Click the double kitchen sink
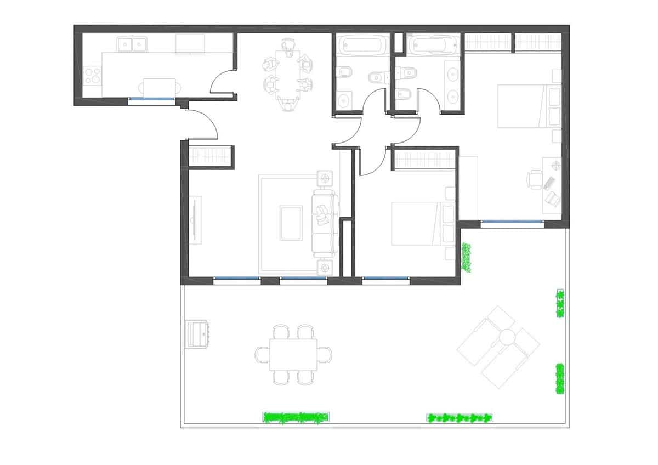[132, 43]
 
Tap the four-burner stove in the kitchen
[94, 75]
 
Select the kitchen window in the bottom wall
[151, 99]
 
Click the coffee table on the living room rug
[291, 223]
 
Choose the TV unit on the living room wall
[195, 220]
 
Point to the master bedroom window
[512, 222]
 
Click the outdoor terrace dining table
[293, 355]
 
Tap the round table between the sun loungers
[506, 336]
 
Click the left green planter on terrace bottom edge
[296, 417]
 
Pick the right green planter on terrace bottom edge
[460, 418]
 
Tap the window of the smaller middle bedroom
[386, 279]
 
